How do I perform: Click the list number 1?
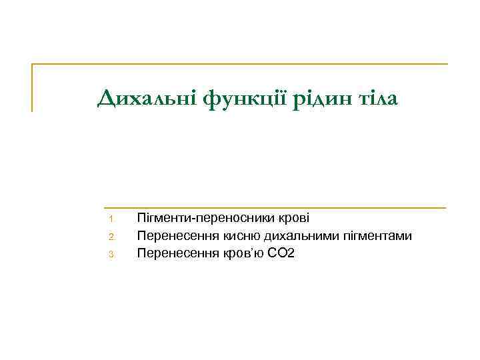pos(113,219)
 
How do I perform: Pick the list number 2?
pos(113,237)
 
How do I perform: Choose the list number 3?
pos(113,254)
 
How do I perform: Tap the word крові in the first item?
pos(295,218)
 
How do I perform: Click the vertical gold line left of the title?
pos(32,87)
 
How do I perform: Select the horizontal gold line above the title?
pos(240,65)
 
